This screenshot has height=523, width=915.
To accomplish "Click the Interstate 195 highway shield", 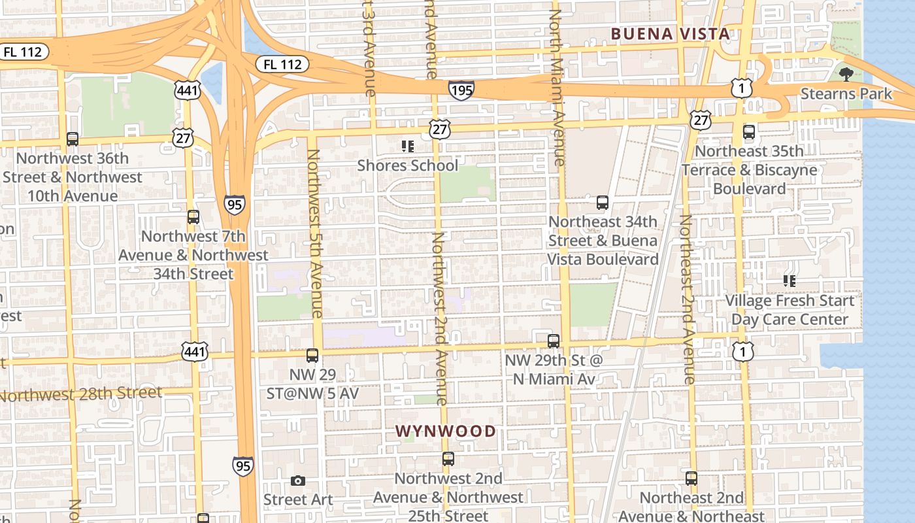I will pyautogui.click(x=461, y=90).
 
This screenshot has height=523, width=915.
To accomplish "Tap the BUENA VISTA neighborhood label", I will pyautogui.click(x=670, y=33).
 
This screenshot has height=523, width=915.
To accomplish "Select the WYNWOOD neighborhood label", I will pyautogui.click(x=446, y=431).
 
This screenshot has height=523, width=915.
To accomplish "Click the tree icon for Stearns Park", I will pyautogui.click(x=846, y=73).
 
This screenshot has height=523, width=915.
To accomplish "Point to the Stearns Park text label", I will pyautogui.click(x=846, y=93).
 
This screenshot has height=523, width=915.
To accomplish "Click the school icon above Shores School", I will pyautogui.click(x=407, y=146).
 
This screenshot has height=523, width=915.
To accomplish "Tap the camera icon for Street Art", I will pyautogui.click(x=297, y=481).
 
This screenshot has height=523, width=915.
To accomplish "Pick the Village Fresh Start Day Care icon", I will pyautogui.click(x=789, y=281).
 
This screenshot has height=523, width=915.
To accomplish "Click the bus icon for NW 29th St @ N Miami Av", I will pyautogui.click(x=553, y=341).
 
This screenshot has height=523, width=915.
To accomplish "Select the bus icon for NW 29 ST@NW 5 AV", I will pyautogui.click(x=312, y=356).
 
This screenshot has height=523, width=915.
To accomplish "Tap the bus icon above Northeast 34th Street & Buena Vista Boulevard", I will pyautogui.click(x=602, y=203).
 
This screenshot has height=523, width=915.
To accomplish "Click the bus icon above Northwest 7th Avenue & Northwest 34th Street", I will pyautogui.click(x=193, y=217).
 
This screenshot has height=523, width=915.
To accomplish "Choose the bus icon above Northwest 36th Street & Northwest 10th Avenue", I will pyautogui.click(x=72, y=139).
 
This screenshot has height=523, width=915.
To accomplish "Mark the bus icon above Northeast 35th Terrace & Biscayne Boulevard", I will pyautogui.click(x=749, y=132).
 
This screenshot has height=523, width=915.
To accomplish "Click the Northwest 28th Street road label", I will pyautogui.click(x=82, y=394).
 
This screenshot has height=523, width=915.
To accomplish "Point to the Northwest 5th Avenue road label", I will pyautogui.click(x=316, y=233).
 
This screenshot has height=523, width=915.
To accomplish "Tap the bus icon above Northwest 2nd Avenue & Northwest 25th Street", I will pyautogui.click(x=448, y=459).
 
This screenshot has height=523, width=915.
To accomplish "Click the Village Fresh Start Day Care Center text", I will pyautogui.click(x=789, y=310).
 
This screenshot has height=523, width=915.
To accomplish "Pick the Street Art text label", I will pyautogui.click(x=297, y=499).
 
